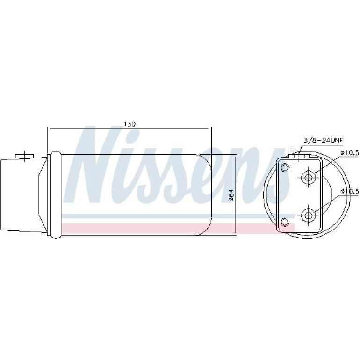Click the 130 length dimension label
point(130,124)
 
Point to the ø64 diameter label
point(231,195)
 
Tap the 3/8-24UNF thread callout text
point(323,141)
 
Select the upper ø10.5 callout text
point(350,153)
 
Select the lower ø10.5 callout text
point(350,191)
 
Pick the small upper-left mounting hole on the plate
point(284,167)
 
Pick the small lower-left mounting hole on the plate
point(284,222)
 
